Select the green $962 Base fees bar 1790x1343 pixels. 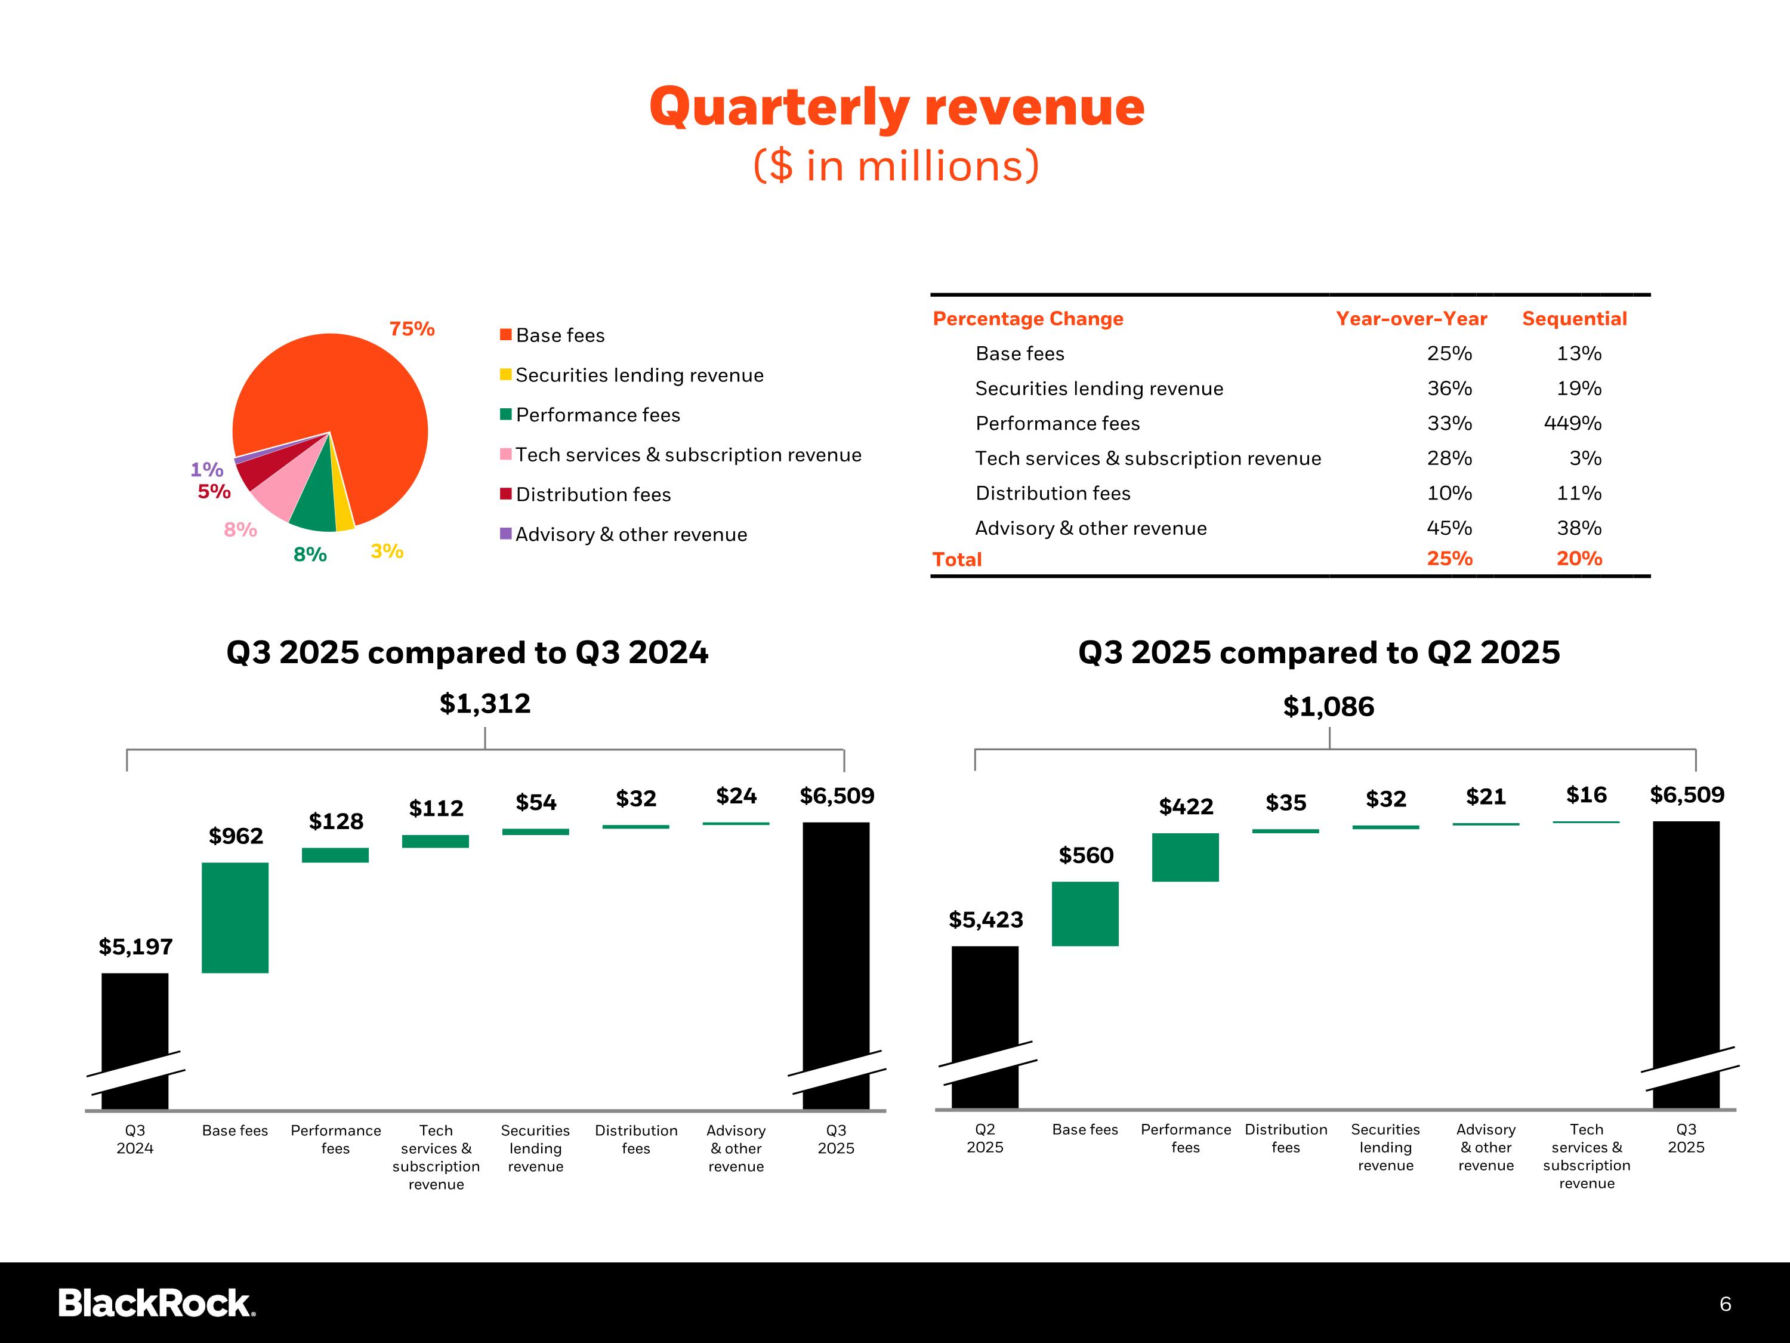[234, 917]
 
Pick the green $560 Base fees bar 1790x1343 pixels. [1085, 913]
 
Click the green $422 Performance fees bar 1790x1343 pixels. [1185, 857]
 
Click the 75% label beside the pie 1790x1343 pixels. [412, 329]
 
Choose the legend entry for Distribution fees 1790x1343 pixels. [593, 495]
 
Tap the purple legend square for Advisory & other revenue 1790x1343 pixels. [506, 534]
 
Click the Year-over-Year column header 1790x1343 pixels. [1411, 319]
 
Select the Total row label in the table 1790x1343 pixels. [956, 559]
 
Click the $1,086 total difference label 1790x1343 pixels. [1328, 707]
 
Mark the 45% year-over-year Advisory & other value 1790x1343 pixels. [1449, 528]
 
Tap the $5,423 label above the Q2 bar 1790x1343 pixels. [986, 920]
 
